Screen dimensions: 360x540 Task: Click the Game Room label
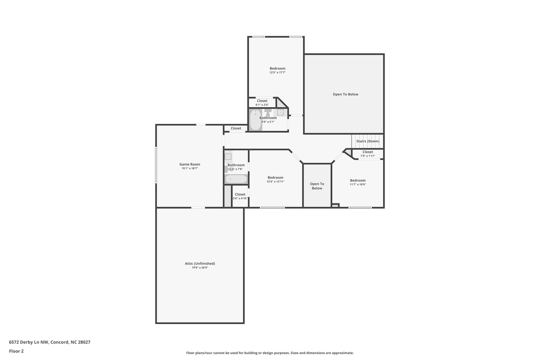(190, 164)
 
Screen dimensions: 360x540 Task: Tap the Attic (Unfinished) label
(200, 263)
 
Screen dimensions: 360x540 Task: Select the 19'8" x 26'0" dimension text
(200, 268)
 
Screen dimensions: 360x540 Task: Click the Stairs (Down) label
(368, 141)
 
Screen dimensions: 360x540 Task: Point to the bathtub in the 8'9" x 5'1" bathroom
(255, 120)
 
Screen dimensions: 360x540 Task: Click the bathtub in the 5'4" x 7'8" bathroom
(236, 179)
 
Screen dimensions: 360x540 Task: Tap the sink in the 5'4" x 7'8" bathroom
(228, 157)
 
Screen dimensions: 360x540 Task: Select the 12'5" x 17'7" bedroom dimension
(277, 73)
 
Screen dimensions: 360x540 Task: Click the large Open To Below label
(345, 94)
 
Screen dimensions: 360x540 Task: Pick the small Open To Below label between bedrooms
(317, 186)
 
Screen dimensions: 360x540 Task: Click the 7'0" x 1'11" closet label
(368, 152)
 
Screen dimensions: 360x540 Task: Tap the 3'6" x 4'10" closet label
(240, 194)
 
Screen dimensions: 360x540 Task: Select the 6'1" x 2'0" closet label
(262, 101)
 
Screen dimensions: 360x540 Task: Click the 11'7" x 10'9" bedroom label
(358, 180)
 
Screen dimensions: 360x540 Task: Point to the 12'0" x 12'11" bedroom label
(276, 177)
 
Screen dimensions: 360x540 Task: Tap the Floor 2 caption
(16, 351)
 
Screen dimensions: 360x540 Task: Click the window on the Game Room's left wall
(156, 165)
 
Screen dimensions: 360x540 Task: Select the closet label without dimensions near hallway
(236, 128)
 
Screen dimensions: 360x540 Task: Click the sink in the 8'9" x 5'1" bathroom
(280, 112)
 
